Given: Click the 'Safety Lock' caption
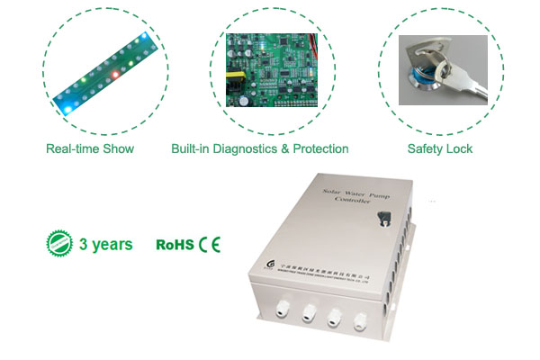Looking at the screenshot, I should (439, 148).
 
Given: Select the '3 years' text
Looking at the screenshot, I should (105, 244).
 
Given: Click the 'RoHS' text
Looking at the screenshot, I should (175, 244).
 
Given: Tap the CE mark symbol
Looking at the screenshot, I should (209, 244).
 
